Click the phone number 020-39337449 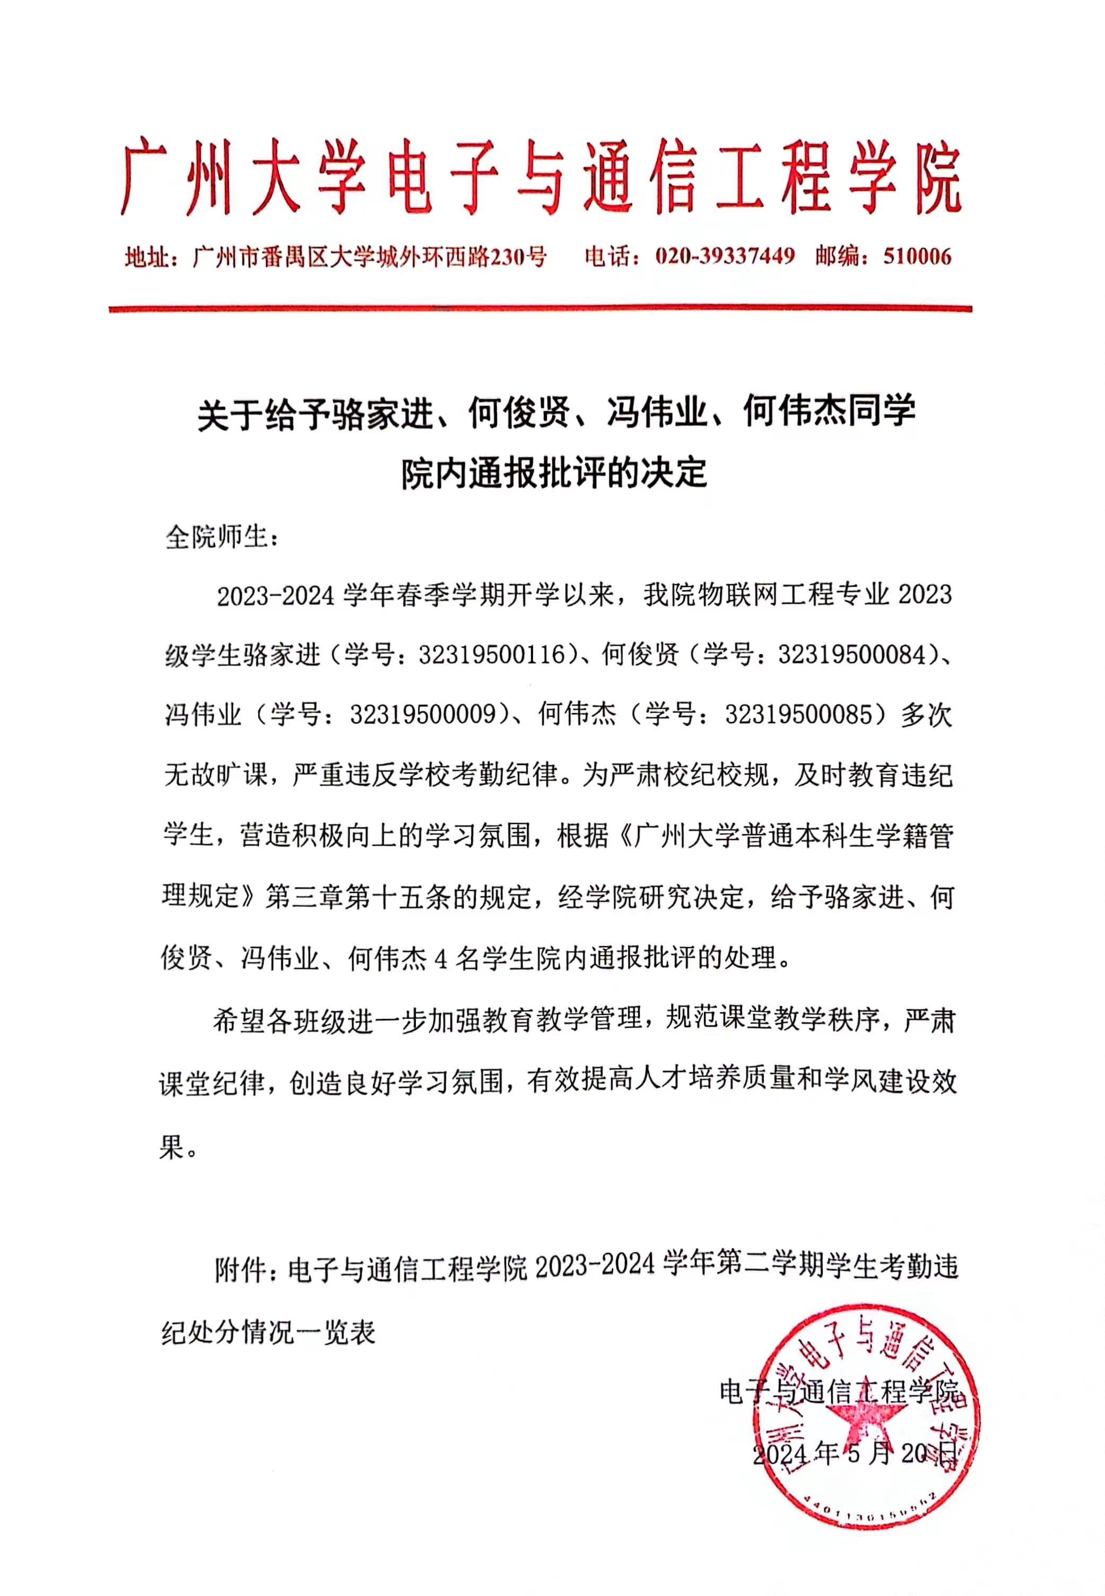(724, 257)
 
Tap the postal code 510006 (917, 257)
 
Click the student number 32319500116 (492, 654)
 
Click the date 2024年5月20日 (855, 1453)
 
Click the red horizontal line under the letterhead (540, 309)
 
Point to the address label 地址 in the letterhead (147, 257)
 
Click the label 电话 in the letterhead (608, 257)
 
